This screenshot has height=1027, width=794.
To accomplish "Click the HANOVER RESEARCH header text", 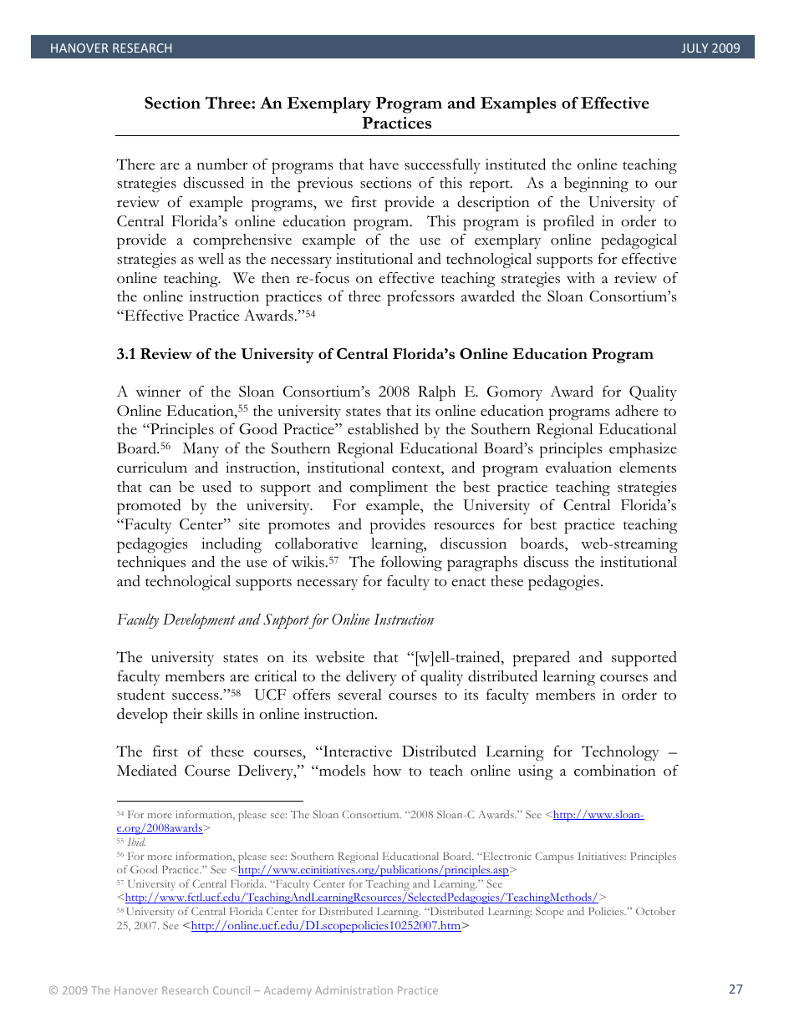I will pyautogui.click(x=110, y=48).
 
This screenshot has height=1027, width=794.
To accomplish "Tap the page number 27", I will pyautogui.click(x=735, y=989).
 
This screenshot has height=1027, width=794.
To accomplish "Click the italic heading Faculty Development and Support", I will pyautogui.click(x=275, y=620).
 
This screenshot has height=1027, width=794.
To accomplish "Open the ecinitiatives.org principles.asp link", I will pyautogui.click(x=373, y=870).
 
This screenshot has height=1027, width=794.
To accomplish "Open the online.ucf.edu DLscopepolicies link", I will pyautogui.click(x=326, y=926).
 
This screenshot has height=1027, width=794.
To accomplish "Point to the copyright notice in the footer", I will pyautogui.click(x=243, y=990).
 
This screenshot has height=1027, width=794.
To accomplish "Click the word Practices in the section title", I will pyautogui.click(x=396, y=124).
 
